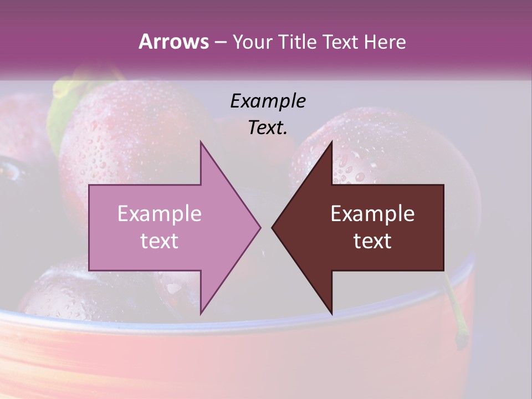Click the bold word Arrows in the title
[173, 42]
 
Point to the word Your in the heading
[253, 42]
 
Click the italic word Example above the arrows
[268, 101]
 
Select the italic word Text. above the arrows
[268, 127]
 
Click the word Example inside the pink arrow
[160, 214]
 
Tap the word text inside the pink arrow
[160, 241]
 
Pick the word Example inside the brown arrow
[372, 214]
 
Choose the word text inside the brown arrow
[372, 241]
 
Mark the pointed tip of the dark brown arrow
[273, 227]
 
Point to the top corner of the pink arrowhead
[201, 142]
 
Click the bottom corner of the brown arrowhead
[332, 314]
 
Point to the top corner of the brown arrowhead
[332, 142]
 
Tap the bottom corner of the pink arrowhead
[201, 314]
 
